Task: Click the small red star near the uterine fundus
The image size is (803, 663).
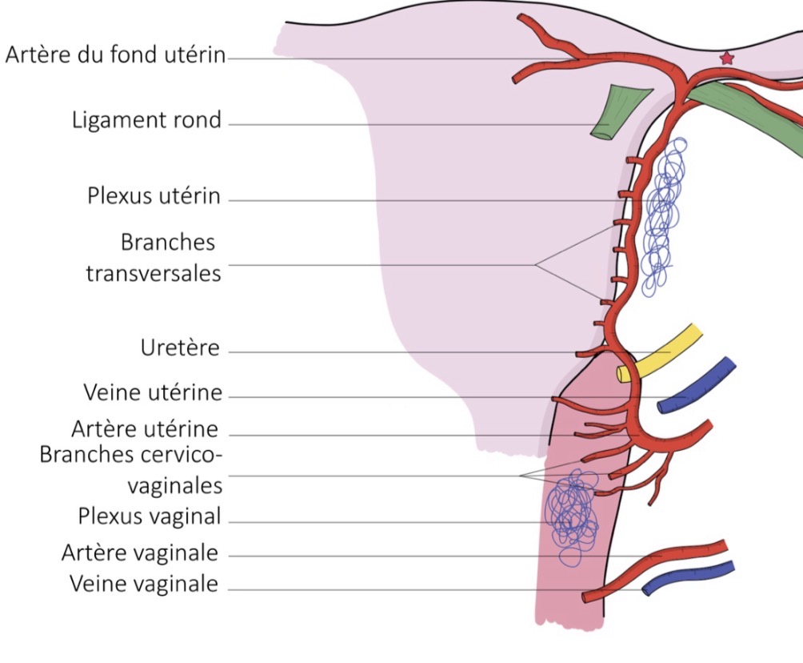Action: click(x=726, y=58)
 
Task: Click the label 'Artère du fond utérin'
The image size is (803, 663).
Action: click(x=115, y=56)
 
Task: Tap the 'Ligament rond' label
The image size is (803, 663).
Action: click(x=146, y=121)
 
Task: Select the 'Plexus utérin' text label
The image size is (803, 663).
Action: click(x=154, y=196)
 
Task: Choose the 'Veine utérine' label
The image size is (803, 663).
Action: click(x=153, y=393)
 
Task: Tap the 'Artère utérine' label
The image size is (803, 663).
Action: click(x=144, y=429)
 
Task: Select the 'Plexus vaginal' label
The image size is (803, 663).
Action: click(x=149, y=516)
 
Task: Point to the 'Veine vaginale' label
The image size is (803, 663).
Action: click(x=144, y=584)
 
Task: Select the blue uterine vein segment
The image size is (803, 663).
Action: click(x=697, y=385)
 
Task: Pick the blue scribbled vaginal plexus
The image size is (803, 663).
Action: click(x=571, y=512)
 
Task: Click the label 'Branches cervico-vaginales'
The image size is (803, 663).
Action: click(x=131, y=469)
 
